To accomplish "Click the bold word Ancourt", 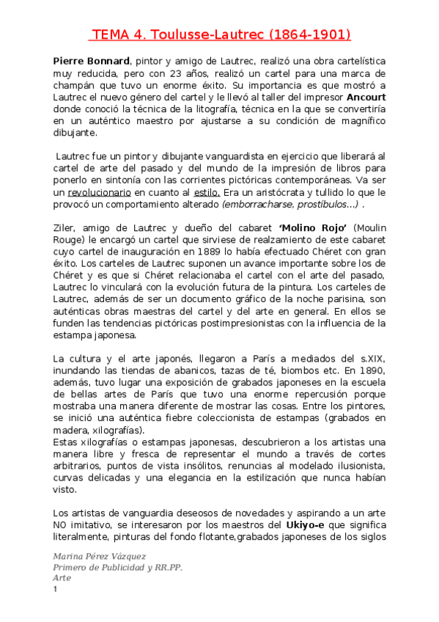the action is click(366, 98).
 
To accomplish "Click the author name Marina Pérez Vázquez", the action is click(99, 557).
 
